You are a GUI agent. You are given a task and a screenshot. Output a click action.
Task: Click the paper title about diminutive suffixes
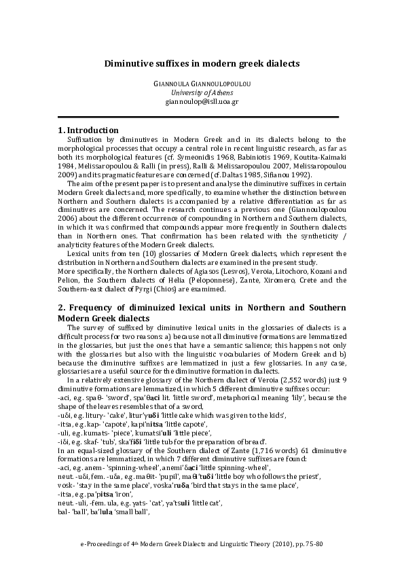(x=202, y=63)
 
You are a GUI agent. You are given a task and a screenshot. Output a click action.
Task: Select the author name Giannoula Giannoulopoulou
(x=202, y=84)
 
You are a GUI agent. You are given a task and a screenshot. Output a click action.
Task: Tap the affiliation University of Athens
(x=202, y=92)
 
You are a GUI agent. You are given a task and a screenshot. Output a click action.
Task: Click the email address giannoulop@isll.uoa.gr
(x=202, y=101)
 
